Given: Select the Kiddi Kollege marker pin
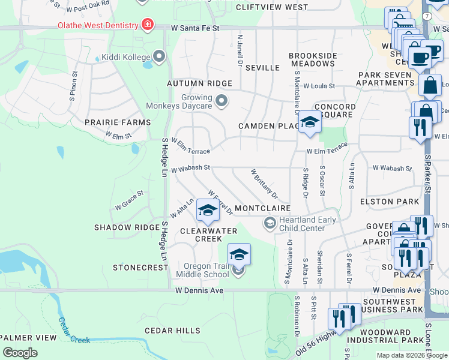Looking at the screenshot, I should click(159, 56).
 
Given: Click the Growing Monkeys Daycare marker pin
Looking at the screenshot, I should click(221, 100).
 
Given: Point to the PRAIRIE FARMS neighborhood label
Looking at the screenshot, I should click(118, 122).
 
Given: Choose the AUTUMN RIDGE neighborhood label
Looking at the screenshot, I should click(199, 83).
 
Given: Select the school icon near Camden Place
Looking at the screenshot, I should click(310, 122).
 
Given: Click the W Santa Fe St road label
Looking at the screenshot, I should click(195, 28).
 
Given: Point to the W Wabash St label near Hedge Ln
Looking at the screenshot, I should click(190, 169).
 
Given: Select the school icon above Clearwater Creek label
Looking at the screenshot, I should click(207, 210).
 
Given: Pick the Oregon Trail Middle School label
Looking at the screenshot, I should click(203, 270).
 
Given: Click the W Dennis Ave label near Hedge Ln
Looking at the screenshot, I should click(199, 290).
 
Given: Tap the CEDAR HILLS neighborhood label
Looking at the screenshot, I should click(172, 331).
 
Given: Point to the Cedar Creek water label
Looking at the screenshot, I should click(74, 331).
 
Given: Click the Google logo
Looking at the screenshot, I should click(20, 353).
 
